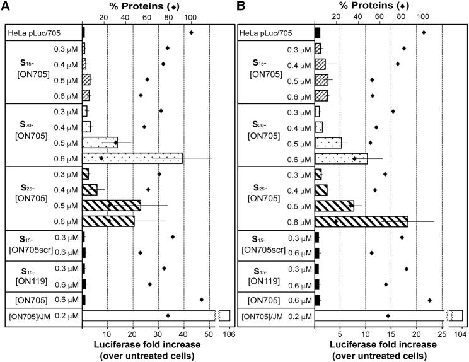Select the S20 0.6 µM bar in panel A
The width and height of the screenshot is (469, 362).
tap(132, 158)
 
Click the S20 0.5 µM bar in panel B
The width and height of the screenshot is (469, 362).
tap(328, 143)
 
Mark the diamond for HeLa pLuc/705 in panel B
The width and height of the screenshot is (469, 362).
tap(424, 32)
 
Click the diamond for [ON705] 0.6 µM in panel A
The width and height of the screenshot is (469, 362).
tap(202, 300)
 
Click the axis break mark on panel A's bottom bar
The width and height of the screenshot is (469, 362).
tap(217, 315)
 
